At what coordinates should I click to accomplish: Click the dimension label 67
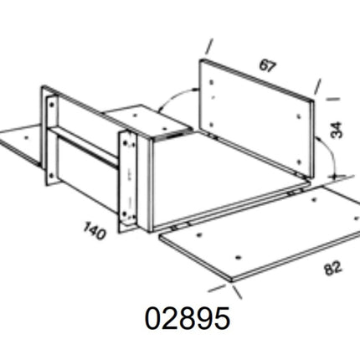268,66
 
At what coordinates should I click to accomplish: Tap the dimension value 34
336,130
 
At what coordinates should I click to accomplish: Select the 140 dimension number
95,230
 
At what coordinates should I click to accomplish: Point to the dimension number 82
333,268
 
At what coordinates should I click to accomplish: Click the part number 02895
188,318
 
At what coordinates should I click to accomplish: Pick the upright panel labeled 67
257,119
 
